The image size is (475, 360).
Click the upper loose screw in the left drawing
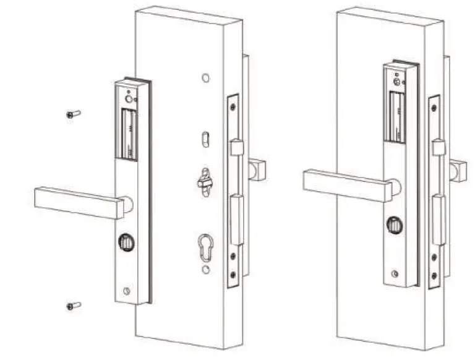click(73, 114)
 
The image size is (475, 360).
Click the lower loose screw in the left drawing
click(73, 306)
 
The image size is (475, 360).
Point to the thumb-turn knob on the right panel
click(394, 226)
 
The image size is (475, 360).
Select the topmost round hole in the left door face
click(205, 79)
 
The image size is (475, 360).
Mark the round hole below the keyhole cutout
click(205, 270)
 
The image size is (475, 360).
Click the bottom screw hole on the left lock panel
click(127, 291)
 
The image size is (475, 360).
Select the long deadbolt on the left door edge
click(237, 220)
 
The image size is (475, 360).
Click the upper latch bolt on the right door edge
click(439, 147)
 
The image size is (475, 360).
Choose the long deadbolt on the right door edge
click(439, 220)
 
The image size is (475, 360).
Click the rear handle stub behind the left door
click(257, 169)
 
